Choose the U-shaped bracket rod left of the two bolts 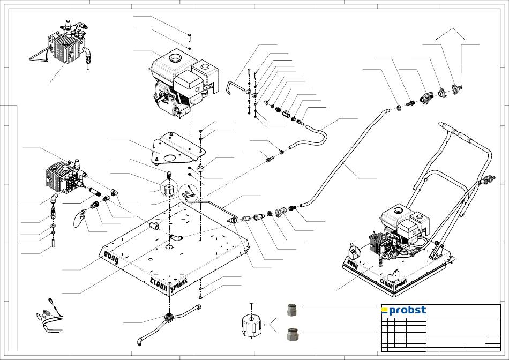pyautogui.click(x=235, y=86)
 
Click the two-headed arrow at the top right pyautogui.click(x=451, y=33)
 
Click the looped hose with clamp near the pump pyautogui.click(x=79, y=217)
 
